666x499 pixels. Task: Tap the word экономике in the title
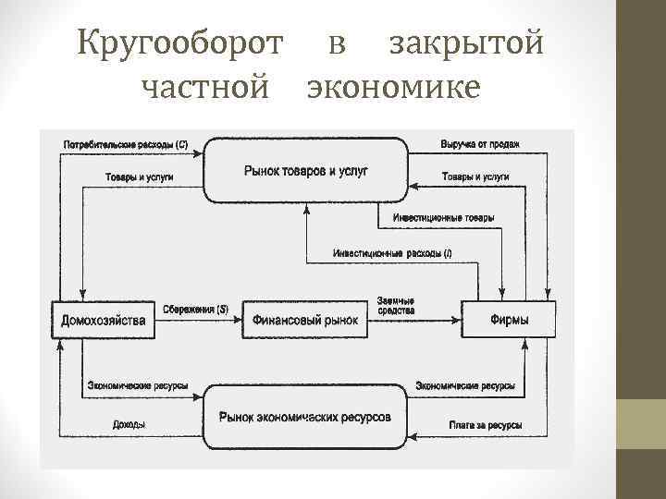pos(393,88)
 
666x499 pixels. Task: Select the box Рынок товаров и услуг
pos(306,170)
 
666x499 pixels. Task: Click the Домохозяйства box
pos(103,321)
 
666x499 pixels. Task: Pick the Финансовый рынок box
pos(305,321)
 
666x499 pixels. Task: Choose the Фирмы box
pos(510,321)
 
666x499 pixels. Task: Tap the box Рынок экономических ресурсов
pos(305,417)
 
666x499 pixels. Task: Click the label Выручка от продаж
pos(480,144)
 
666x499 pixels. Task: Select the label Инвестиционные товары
pos(442,218)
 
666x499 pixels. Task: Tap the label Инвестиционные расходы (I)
pos(392,253)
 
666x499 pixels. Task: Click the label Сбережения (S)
pos(195,309)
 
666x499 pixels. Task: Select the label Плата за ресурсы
pos(485,425)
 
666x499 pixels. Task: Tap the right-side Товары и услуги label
pos(475,176)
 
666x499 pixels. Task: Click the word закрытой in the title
pos(465,43)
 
